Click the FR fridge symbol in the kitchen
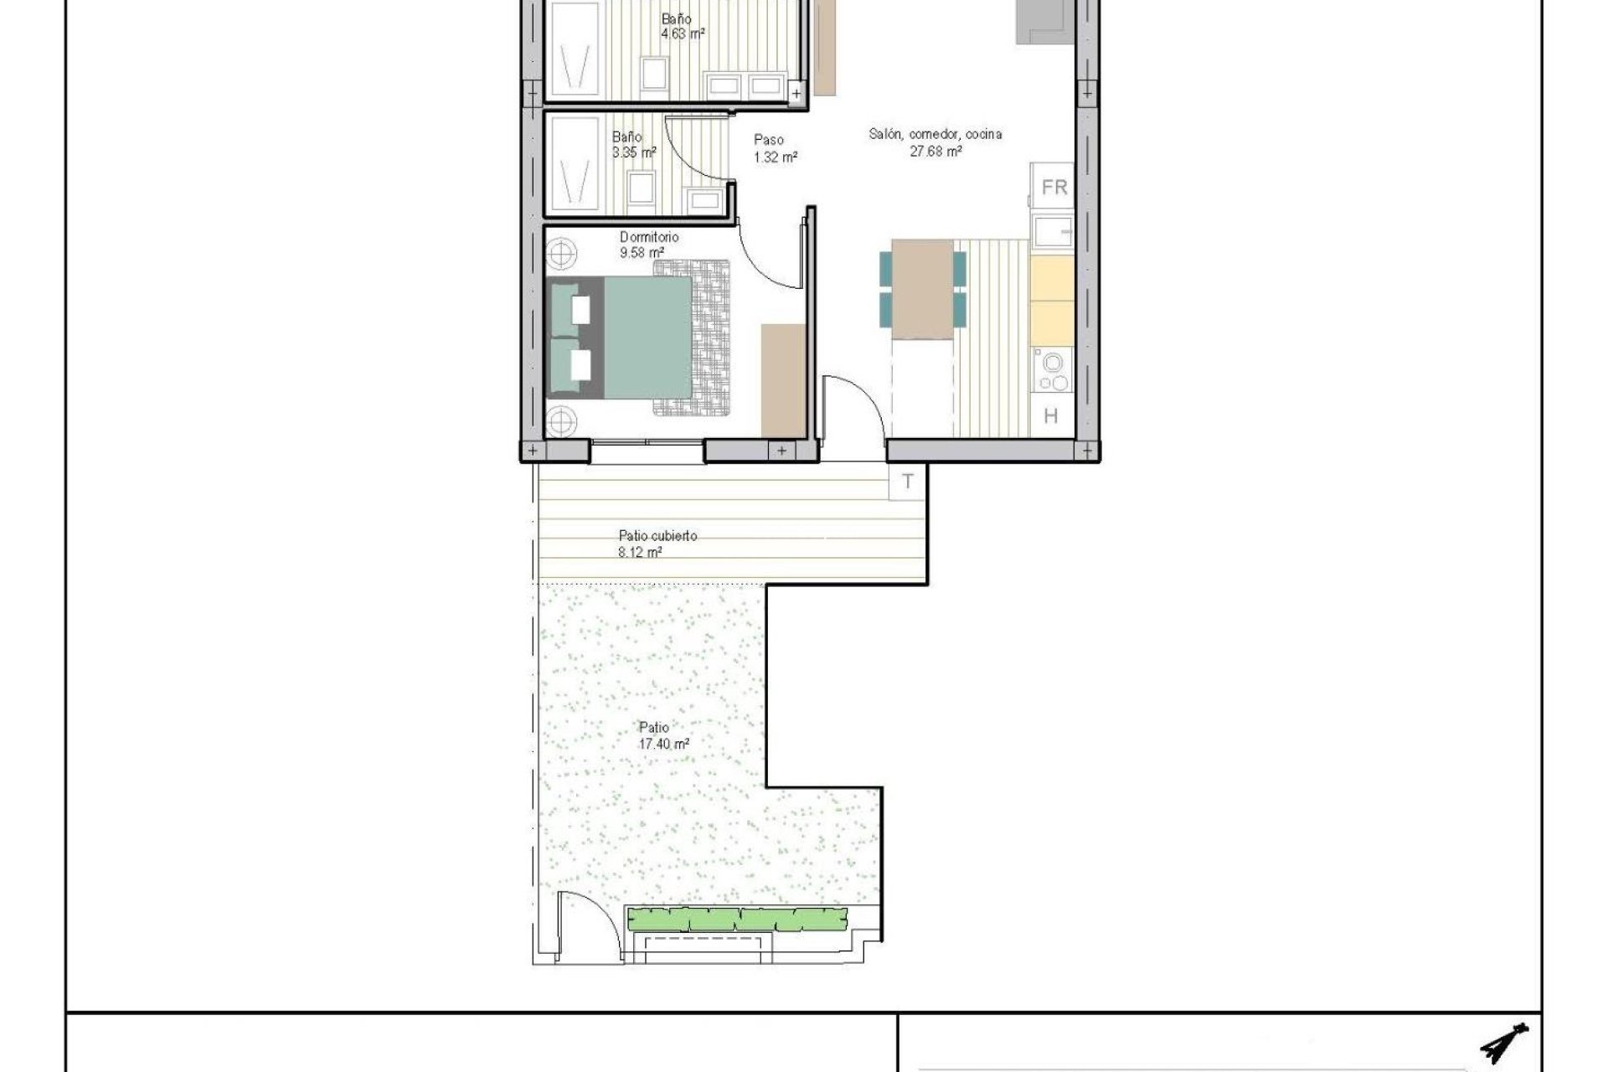[1054, 188]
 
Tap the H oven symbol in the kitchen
[1051, 415]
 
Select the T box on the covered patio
[908, 482]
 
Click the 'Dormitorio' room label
[649, 237]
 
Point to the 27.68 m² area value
[935, 152]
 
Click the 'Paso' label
[768, 140]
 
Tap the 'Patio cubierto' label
[657, 535]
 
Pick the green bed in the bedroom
[647, 338]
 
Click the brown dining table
[922, 289]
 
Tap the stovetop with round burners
[1052, 371]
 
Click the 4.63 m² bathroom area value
[683, 34]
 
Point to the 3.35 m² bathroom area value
[634, 152]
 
